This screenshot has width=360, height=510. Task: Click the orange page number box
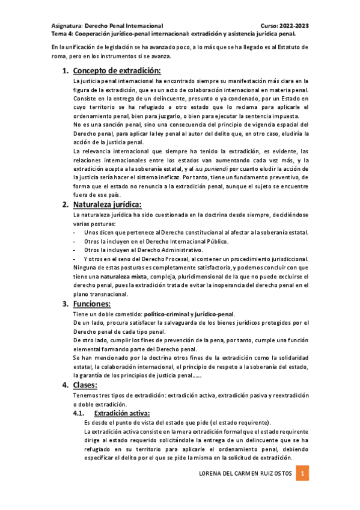(304, 473)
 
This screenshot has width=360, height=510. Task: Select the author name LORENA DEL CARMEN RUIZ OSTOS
(245, 474)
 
